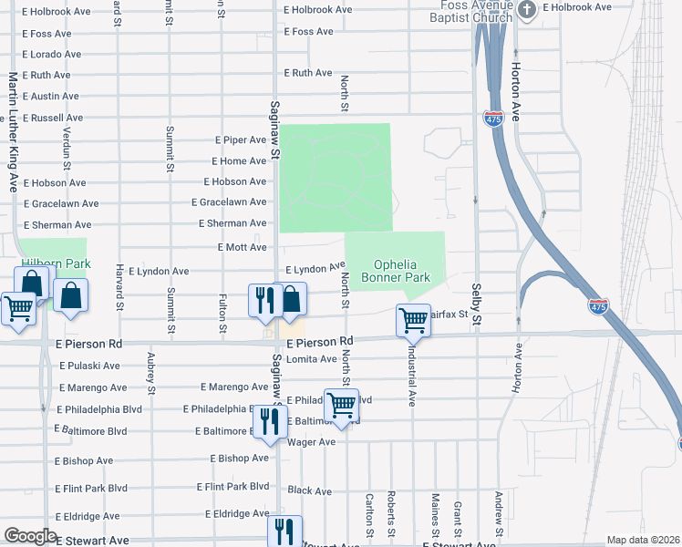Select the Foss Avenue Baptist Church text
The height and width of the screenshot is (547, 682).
coord(471,11)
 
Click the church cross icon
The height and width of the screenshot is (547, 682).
coord(526,10)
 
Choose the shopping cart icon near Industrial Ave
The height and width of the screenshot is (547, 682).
coord(413,320)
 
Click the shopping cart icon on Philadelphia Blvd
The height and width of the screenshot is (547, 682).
coord(341,404)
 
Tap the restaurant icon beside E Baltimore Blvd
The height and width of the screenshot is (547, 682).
coord(269,422)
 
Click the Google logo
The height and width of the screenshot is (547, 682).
coord(29,536)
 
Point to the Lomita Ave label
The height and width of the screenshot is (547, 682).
coord(312,360)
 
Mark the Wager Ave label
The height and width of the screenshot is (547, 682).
coord(312,442)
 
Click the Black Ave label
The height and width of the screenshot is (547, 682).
coord(310,490)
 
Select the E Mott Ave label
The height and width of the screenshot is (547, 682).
coord(242,247)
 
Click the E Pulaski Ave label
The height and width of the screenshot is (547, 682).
coord(89,366)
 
